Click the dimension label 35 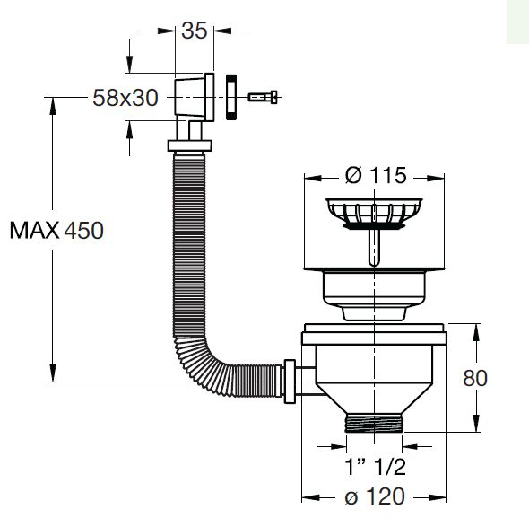click(x=195, y=30)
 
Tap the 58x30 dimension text click(x=127, y=98)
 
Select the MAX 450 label click(x=56, y=230)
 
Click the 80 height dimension click(x=475, y=377)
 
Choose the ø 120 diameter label click(x=375, y=496)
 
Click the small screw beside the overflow click(x=261, y=96)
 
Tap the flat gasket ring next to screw click(x=230, y=96)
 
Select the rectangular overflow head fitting click(x=193, y=96)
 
